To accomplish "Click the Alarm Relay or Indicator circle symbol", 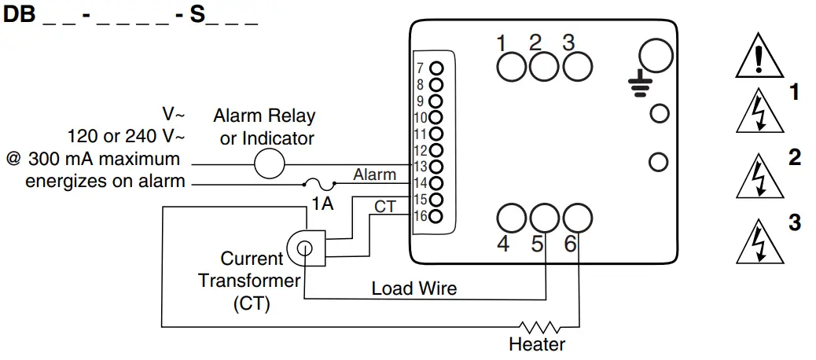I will [269, 164].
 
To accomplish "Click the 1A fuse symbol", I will [318, 185].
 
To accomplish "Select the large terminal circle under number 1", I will [511, 67].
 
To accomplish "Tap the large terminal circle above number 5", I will [544, 218].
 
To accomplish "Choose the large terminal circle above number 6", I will [578, 218].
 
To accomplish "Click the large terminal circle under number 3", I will [577, 67].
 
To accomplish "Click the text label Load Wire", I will [414, 288].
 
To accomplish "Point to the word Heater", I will [537, 344].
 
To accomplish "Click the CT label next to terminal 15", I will [384, 206].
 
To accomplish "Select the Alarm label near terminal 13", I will [374, 174].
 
